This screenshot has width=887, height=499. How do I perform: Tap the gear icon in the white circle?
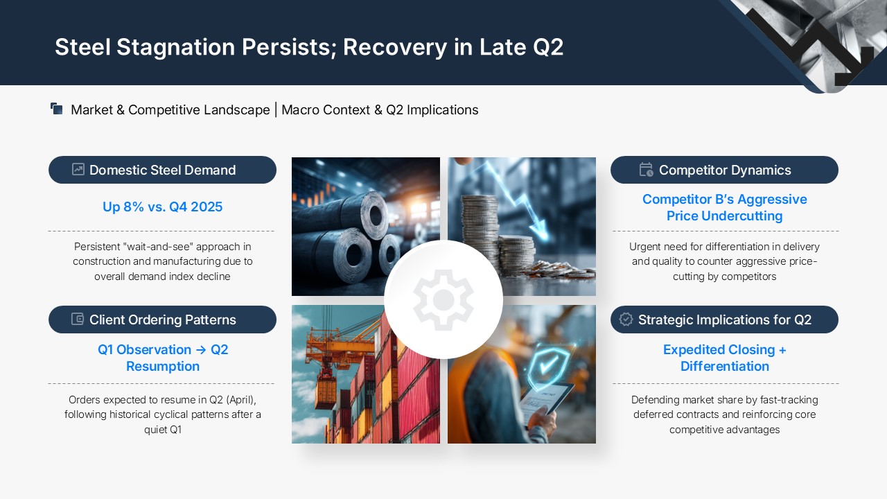point(443,300)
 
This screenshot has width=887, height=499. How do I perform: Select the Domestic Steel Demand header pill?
point(162,170)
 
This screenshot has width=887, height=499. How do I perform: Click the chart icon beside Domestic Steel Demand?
point(78,169)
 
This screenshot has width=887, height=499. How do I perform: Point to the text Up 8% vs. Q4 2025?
point(162,207)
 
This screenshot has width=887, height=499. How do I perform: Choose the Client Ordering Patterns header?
point(162,319)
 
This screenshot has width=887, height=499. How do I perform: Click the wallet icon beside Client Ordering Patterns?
point(78,319)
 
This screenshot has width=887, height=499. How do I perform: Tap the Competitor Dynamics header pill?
point(724,170)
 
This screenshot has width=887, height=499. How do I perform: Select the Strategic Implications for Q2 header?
point(724,319)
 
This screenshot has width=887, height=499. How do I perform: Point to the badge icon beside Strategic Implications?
point(626,319)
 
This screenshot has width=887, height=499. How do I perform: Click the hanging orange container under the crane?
point(326,394)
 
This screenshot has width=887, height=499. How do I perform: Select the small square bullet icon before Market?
point(57,109)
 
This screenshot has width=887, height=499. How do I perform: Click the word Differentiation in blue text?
point(725,367)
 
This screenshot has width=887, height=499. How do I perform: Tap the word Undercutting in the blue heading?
point(743,216)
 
